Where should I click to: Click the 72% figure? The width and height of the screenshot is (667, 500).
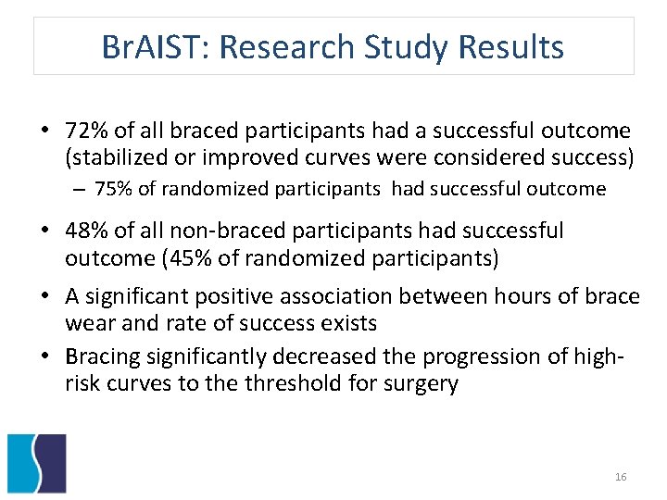[x=84, y=131]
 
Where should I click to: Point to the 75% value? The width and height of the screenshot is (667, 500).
[x=113, y=189]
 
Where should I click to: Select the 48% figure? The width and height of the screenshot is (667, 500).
[x=84, y=230]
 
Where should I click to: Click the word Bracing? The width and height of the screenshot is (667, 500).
[x=100, y=356]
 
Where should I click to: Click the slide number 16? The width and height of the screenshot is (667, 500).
[x=621, y=477]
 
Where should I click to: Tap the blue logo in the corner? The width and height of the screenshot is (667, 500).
[x=36, y=462]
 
